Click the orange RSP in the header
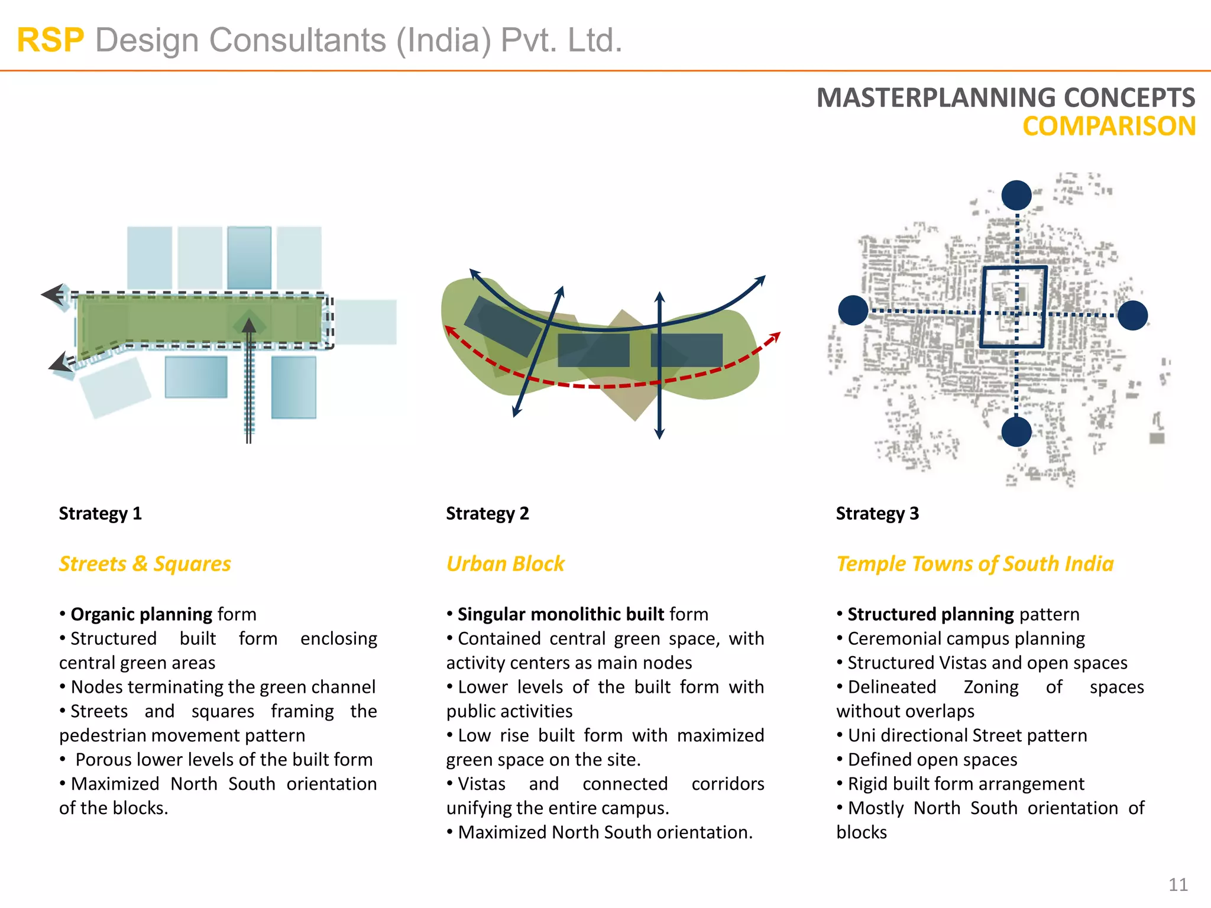point(50,40)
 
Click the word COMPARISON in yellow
point(1109,127)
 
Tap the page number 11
point(1178,884)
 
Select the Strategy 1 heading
point(100,513)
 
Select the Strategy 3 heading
point(877,513)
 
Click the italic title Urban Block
point(505,563)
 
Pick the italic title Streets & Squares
point(145,563)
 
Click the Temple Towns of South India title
point(974,563)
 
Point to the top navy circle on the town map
point(1016,195)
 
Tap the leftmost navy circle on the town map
point(853,310)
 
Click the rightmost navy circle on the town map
point(1132,315)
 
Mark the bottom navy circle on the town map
point(1016,432)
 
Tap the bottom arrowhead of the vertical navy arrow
point(660,434)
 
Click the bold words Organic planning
point(141,614)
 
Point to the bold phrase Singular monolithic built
point(561,614)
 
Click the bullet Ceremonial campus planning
point(966,638)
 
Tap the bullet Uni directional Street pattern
point(967,735)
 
